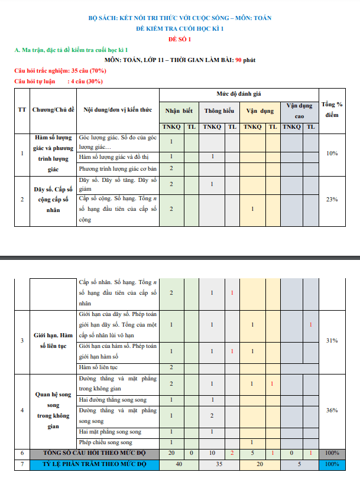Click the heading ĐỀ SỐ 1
tap(180, 39)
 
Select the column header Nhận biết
tap(179, 110)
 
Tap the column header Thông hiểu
tap(219, 110)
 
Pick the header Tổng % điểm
tap(332, 109)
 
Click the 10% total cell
tap(332, 153)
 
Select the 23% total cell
tap(332, 199)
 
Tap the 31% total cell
tap(332, 340)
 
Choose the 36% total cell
tap(332, 409)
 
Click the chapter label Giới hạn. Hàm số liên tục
tap(53, 340)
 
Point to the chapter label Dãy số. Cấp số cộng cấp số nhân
tap(53, 199)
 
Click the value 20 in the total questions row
tap(171, 453)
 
